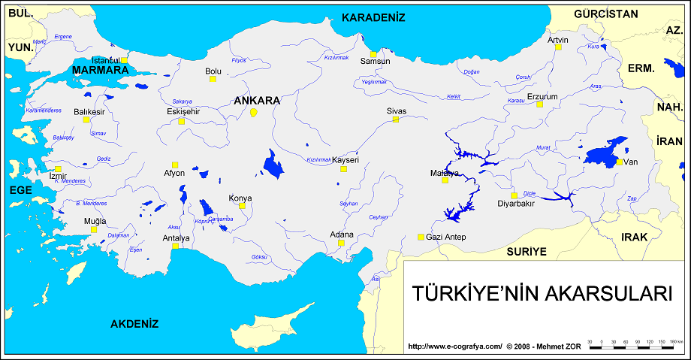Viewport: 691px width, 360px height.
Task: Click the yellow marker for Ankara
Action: [254, 112]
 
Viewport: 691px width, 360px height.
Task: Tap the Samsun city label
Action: [375, 61]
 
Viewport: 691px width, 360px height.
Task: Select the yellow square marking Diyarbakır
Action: [514, 195]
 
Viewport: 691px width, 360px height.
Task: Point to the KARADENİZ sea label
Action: [373, 17]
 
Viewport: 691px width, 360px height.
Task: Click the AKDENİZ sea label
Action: [134, 324]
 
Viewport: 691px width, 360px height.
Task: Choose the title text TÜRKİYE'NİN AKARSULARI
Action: [542, 293]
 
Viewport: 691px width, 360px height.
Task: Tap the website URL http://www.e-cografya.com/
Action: [454, 346]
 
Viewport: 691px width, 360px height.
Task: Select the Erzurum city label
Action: [542, 96]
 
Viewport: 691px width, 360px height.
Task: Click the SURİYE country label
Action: [526, 251]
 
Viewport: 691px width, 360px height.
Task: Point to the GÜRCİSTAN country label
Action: [605, 14]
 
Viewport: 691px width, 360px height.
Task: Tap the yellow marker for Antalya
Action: [175, 246]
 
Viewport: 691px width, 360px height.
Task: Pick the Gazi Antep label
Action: [447, 237]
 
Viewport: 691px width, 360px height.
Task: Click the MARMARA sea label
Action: [100, 70]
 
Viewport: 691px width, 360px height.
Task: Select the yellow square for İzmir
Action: [58, 169]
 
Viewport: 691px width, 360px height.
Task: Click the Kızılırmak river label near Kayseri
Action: [318, 159]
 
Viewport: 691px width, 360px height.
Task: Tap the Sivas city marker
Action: [395, 119]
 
